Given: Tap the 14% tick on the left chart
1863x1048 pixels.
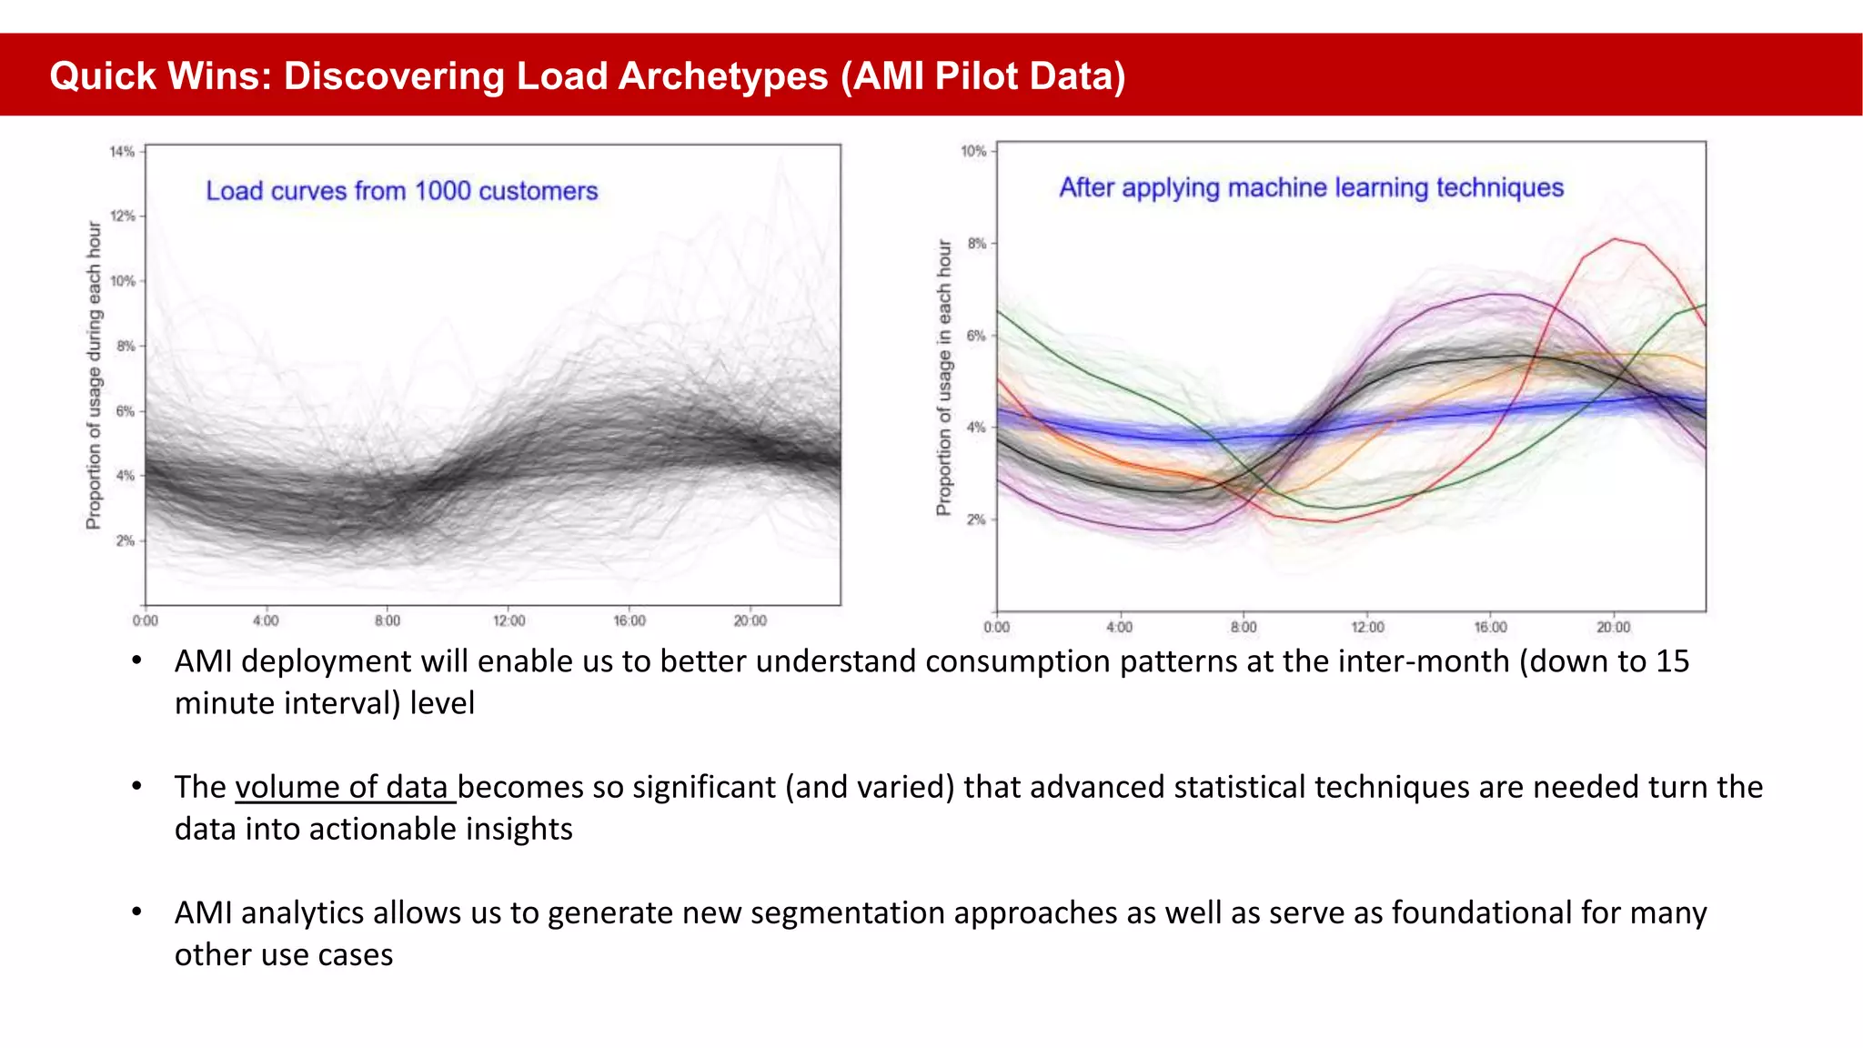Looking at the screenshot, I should (123, 152).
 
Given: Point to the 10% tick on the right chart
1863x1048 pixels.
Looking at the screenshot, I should (973, 151).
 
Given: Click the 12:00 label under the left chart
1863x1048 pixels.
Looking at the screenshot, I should (509, 620).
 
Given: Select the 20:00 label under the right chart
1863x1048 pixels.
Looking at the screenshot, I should (1613, 627).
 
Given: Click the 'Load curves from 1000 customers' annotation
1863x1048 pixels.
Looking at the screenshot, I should (401, 191).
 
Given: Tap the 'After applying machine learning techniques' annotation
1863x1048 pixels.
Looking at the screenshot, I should (1311, 187).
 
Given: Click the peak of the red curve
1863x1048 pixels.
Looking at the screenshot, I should (1616, 239).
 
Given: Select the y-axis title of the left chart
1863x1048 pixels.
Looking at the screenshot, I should (94, 375).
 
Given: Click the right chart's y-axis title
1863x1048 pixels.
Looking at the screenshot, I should (944, 378).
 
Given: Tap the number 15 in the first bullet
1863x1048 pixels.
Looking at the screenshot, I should (1672, 661).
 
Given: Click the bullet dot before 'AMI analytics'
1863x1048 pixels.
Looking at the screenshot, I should (136, 911).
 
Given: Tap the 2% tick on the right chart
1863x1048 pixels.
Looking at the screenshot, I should (976, 519).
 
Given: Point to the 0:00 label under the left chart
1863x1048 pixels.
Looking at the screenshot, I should (145, 620).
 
